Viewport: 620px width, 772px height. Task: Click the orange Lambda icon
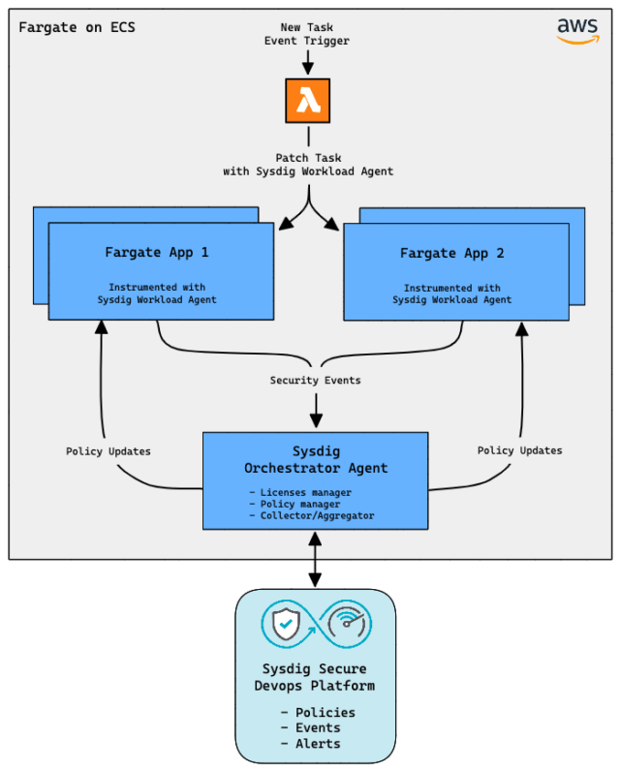point(308,101)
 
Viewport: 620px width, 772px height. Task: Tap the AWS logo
point(577,31)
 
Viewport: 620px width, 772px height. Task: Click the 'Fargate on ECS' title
point(77,27)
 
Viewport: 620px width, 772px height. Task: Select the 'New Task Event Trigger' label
point(307,34)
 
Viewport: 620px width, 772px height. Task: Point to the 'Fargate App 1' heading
point(157,253)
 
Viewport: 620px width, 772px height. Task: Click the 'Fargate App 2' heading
point(451,253)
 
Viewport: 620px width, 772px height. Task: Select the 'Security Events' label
point(315,381)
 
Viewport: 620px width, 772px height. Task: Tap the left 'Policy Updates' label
point(108,451)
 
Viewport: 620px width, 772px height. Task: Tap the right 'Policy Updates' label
point(519,450)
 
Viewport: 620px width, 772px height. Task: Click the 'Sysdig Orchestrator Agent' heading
point(315,460)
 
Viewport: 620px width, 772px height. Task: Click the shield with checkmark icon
point(286,625)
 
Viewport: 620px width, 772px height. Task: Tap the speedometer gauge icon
point(346,625)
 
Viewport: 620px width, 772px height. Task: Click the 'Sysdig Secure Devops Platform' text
point(315,677)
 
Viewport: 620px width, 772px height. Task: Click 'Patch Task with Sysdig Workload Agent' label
point(308,165)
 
